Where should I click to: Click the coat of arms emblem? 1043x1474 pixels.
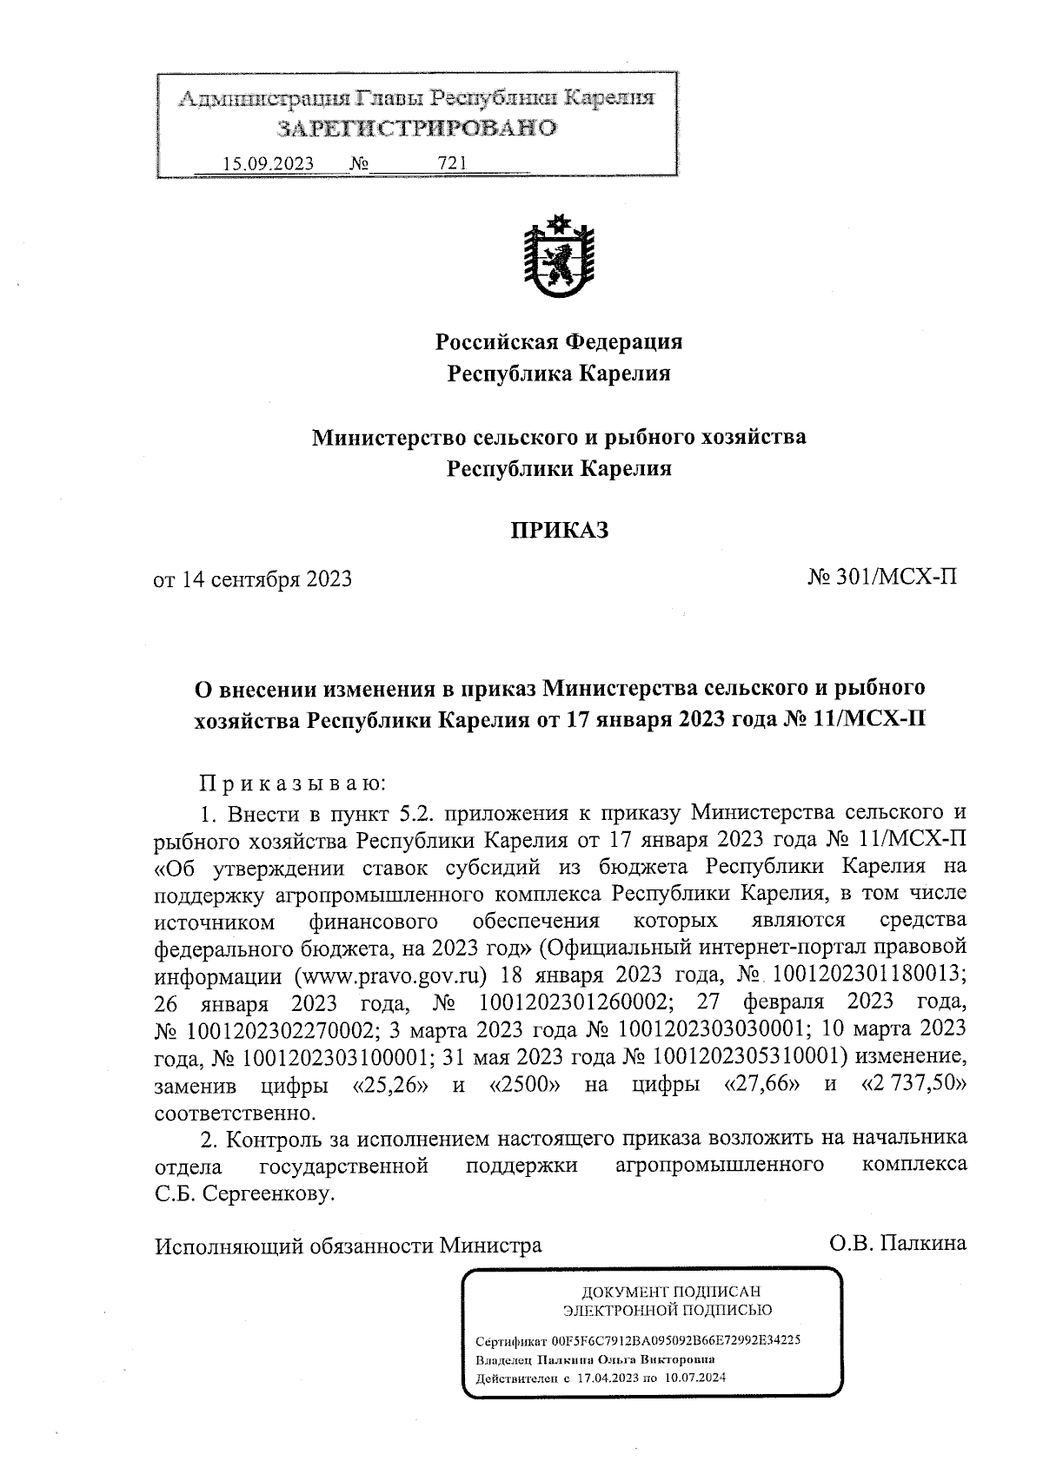(x=558, y=258)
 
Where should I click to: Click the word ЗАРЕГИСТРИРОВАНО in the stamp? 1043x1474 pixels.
(x=415, y=129)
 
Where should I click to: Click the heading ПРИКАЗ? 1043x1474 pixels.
(x=558, y=530)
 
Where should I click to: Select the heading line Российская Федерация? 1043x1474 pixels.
(x=558, y=341)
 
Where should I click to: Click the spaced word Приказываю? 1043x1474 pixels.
(x=291, y=783)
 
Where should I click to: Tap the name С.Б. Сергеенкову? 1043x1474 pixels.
(x=244, y=1194)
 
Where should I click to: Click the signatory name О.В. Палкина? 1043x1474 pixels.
(x=898, y=1244)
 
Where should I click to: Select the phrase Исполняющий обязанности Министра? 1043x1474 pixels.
(x=348, y=1246)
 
